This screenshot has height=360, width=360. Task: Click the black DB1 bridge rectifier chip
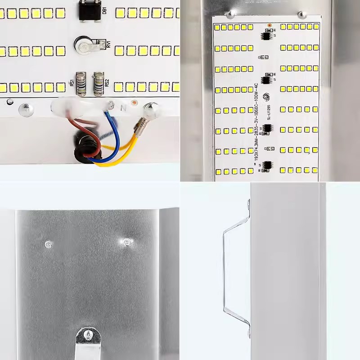point(88,11)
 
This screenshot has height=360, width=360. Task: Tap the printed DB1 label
point(104,10)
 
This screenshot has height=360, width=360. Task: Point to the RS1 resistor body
point(81,84)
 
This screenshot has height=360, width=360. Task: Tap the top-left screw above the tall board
point(230,15)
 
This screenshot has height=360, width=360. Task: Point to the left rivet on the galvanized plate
point(48,244)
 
